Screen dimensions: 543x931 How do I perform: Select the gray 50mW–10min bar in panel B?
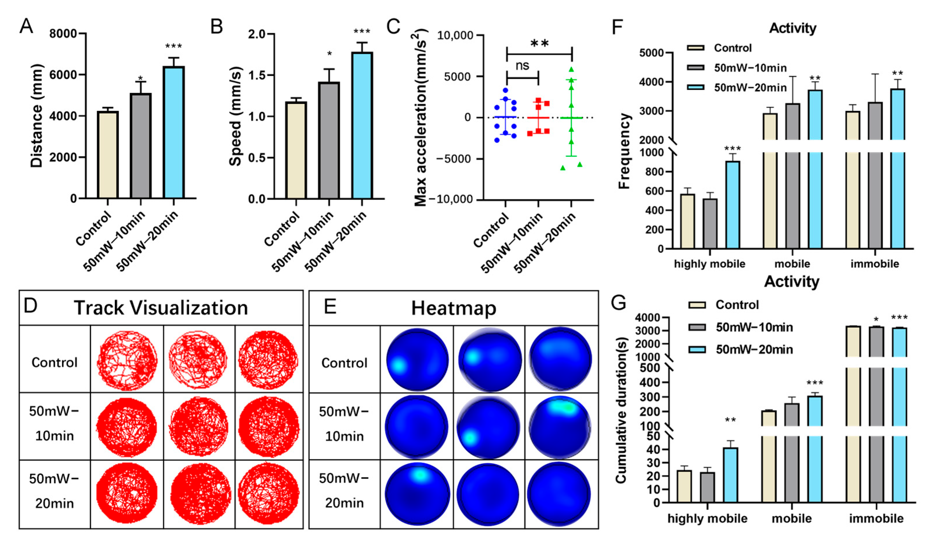coord(329,140)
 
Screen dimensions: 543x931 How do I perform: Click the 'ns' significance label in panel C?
coord(522,66)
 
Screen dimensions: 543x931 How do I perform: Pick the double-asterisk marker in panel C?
coord(539,44)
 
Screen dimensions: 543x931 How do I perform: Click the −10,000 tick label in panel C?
coord(454,199)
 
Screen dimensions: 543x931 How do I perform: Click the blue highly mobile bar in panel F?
coord(733,205)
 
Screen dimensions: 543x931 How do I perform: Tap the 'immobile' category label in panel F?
coord(874,264)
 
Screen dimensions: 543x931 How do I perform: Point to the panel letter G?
coord(618,303)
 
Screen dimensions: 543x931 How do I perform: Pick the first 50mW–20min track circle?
coord(127,493)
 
